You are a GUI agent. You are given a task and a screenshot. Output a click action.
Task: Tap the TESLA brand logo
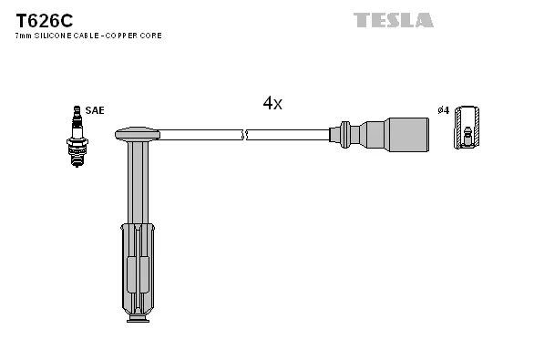(x=394, y=19)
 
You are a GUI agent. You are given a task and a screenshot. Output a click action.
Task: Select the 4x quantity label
(x=272, y=104)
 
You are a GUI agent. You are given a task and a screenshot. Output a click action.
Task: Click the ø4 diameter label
(x=444, y=110)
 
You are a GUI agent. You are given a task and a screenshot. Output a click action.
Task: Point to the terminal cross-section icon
(x=467, y=128)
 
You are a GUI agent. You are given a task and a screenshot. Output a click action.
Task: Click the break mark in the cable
(x=244, y=135)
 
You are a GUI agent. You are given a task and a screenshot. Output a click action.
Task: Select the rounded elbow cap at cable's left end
(x=137, y=134)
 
